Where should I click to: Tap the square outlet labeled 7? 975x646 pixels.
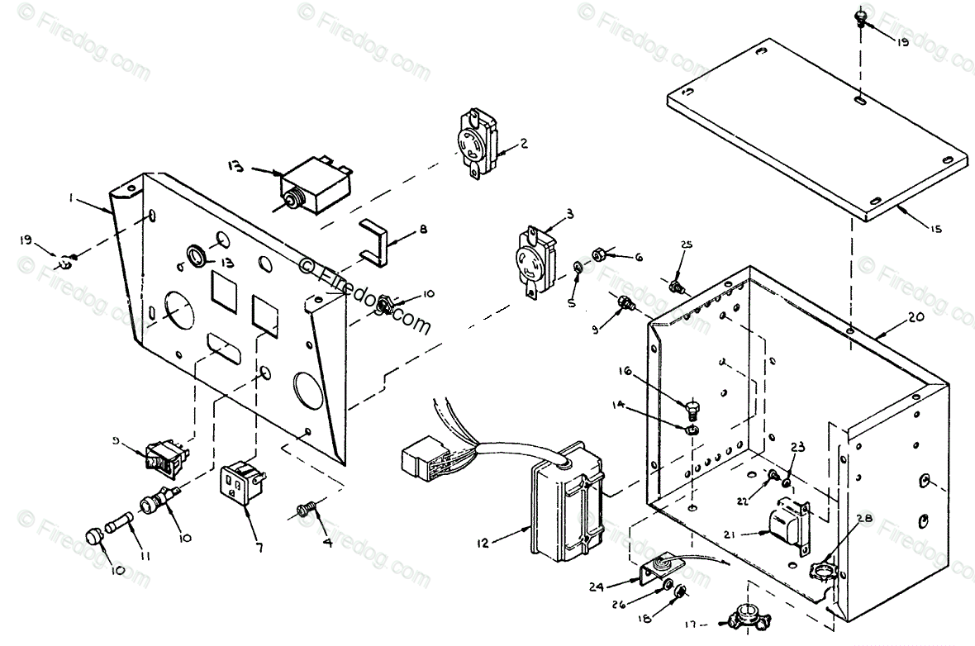click(x=241, y=486)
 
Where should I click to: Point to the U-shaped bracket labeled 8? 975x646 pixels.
click(x=376, y=245)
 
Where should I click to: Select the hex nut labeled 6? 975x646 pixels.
click(x=600, y=254)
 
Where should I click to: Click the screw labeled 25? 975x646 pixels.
click(x=677, y=288)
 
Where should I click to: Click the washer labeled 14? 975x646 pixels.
click(x=691, y=429)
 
